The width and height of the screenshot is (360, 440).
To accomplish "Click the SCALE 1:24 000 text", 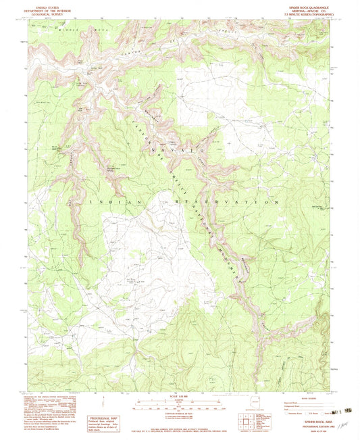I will pos(180,396).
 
